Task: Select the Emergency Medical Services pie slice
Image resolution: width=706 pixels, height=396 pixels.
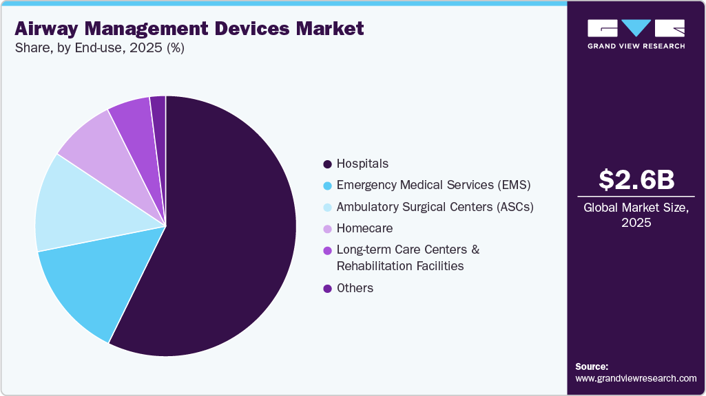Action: point(96,282)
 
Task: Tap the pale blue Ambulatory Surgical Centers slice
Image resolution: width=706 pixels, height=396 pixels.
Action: point(76,203)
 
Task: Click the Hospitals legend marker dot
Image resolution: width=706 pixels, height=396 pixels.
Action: point(327,164)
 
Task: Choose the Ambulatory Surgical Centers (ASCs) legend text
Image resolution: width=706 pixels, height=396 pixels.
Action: point(435,206)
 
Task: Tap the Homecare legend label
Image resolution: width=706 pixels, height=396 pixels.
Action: point(364,228)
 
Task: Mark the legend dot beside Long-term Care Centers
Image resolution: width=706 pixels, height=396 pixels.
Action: point(327,250)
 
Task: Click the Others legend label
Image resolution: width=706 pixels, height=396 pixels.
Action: point(355,288)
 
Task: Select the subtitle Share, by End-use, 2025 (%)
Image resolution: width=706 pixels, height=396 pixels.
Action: point(99,48)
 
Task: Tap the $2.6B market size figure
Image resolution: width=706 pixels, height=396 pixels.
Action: point(636,179)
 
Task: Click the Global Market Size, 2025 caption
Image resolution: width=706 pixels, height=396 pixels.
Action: point(636,215)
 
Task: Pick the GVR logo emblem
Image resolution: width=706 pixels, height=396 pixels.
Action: point(636,28)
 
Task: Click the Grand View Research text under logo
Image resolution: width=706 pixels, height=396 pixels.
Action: point(636,46)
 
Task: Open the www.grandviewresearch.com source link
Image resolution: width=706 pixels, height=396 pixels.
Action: point(636,378)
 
